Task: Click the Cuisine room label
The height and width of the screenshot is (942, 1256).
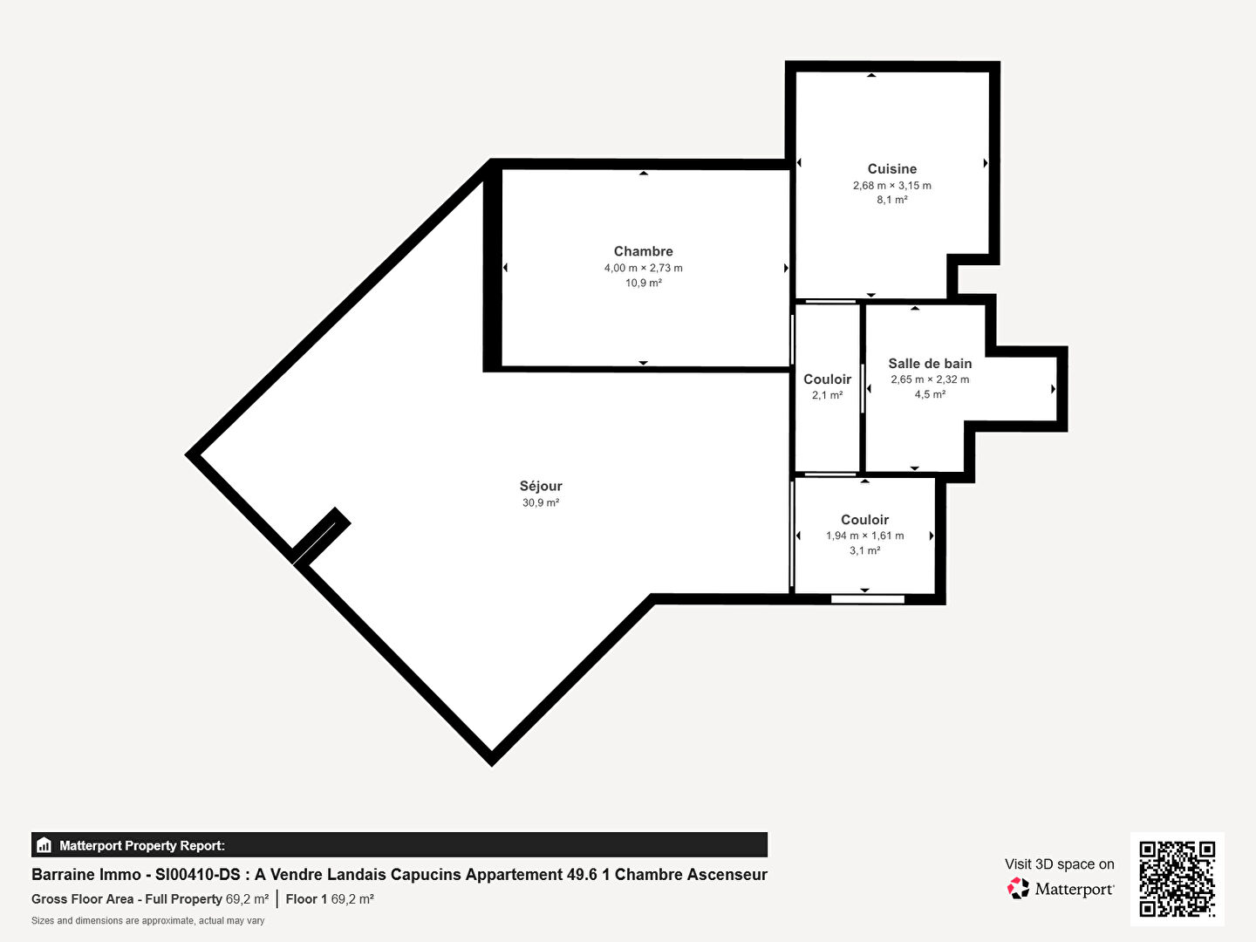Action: (891, 168)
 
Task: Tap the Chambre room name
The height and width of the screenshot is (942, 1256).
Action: (643, 251)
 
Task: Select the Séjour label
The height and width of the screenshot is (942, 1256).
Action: (541, 486)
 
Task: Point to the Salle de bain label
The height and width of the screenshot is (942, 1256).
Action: (930, 363)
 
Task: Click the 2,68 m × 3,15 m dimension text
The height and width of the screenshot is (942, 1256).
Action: (891, 185)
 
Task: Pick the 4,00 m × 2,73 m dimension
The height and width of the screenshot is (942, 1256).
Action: (643, 268)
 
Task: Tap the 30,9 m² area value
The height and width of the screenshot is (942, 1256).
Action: (541, 502)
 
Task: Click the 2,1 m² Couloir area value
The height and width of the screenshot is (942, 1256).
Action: (828, 395)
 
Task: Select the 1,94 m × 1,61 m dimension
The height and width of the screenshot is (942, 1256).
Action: (864, 536)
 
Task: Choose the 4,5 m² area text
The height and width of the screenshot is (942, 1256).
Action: (930, 394)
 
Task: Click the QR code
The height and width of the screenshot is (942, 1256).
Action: (1177, 878)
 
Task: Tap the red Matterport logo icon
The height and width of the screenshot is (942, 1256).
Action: (1017, 888)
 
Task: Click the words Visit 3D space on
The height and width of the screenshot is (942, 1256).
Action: (1059, 864)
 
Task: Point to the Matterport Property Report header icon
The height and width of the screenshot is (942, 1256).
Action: (44, 845)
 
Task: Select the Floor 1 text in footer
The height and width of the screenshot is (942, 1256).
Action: (306, 899)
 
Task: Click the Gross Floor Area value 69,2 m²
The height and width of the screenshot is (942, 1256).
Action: (247, 899)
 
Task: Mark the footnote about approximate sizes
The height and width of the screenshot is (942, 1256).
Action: (147, 921)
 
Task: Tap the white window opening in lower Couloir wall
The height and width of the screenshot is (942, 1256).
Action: (868, 599)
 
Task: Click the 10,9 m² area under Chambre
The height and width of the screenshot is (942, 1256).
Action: (643, 283)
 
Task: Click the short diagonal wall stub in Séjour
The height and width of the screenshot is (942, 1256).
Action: (321, 536)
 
